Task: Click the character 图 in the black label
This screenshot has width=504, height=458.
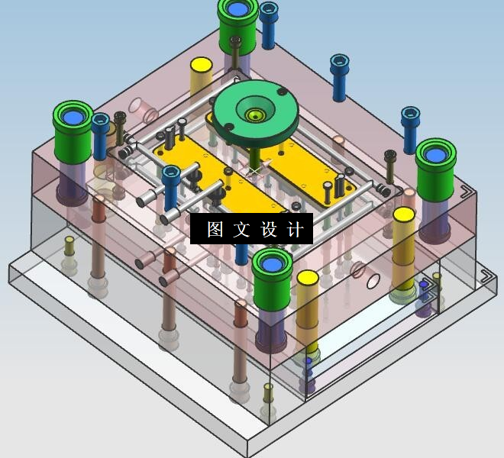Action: point(215,229)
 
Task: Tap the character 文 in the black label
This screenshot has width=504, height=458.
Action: point(241,229)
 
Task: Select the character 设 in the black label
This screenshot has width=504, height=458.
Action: point(269,229)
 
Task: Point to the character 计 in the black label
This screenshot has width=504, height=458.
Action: point(296,229)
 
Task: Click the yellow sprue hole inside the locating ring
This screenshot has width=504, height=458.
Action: point(255,114)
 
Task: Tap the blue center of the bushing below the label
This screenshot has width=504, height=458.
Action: point(272,265)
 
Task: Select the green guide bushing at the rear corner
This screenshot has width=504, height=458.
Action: point(237,26)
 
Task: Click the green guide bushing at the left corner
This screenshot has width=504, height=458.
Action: point(73,131)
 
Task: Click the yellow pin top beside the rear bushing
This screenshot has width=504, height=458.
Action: point(201,65)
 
